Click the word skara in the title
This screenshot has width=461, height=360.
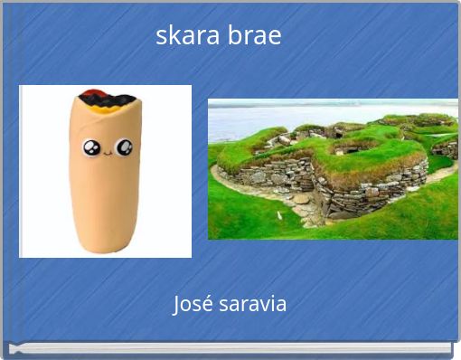(x=183, y=36)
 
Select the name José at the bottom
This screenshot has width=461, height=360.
(x=193, y=304)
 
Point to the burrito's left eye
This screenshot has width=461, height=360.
(x=92, y=147)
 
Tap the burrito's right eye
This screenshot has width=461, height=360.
(x=124, y=147)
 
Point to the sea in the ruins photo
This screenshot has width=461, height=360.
(x=271, y=118)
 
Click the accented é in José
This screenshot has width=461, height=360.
(x=208, y=304)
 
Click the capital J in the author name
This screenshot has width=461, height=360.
(x=177, y=304)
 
